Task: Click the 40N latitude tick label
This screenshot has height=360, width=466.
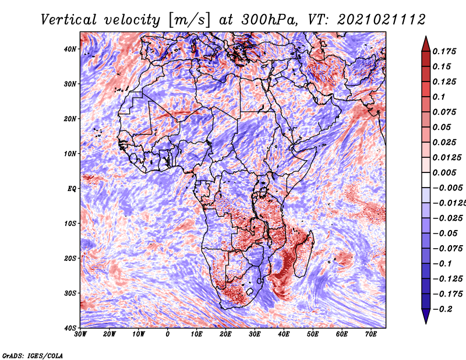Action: point(70,49)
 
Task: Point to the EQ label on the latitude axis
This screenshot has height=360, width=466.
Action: point(72,189)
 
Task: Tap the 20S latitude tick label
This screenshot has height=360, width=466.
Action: point(70,258)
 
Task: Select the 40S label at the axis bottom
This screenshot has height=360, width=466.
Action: point(70,328)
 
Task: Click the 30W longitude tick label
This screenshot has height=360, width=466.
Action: point(80,334)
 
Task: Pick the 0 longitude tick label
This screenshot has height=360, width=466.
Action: point(168,334)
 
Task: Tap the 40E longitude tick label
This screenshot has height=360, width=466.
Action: point(284,334)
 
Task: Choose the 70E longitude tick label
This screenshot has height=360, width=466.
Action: point(371,334)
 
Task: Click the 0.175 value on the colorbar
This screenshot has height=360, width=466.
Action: point(444,52)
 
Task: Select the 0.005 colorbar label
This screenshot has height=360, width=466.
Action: point(444,172)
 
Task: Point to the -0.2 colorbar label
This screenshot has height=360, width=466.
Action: point(442,309)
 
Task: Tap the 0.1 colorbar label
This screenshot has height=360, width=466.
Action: point(439,97)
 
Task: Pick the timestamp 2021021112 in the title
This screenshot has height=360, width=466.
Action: point(381,20)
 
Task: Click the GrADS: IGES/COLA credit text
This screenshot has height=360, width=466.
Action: point(33,355)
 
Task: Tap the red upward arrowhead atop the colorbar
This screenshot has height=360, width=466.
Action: point(426,44)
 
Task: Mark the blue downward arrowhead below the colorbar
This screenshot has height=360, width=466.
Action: point(426,316)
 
